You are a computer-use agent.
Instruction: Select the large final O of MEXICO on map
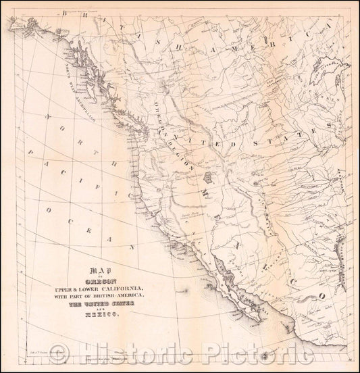point(322,295)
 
